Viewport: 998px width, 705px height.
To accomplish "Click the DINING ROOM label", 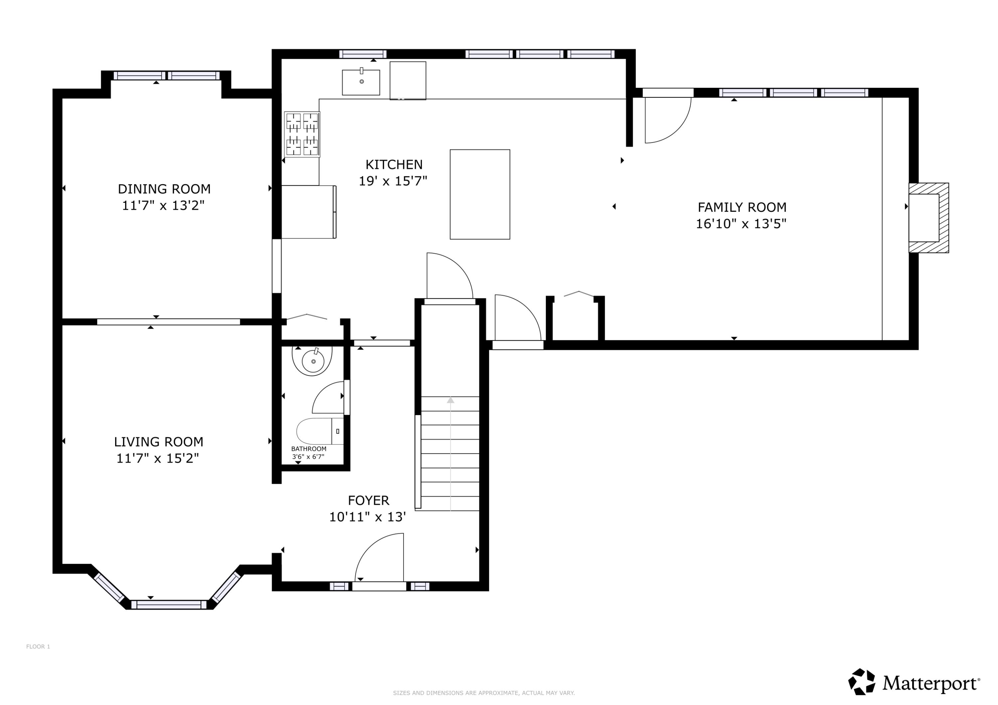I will point(164,189).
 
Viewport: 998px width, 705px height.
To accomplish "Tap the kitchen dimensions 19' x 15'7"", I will point(393,181).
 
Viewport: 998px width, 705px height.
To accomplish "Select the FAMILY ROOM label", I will point(742,207).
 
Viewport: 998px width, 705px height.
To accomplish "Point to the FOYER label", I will point(368,500).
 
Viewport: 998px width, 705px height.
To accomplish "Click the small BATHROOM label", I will point(309,449).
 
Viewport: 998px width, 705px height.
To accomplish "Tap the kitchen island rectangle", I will point(479,194).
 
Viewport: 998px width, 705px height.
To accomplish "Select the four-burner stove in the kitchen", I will point(302,134).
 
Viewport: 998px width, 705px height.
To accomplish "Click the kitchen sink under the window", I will point(361,82).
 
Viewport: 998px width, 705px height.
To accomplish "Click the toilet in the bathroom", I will point(319,431).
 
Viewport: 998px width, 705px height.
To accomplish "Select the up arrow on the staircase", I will point(450,400).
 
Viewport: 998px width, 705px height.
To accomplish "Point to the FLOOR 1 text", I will point(38,646).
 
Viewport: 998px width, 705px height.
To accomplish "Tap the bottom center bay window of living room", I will point(169,604).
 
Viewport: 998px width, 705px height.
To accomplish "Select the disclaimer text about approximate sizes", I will point(483,693).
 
